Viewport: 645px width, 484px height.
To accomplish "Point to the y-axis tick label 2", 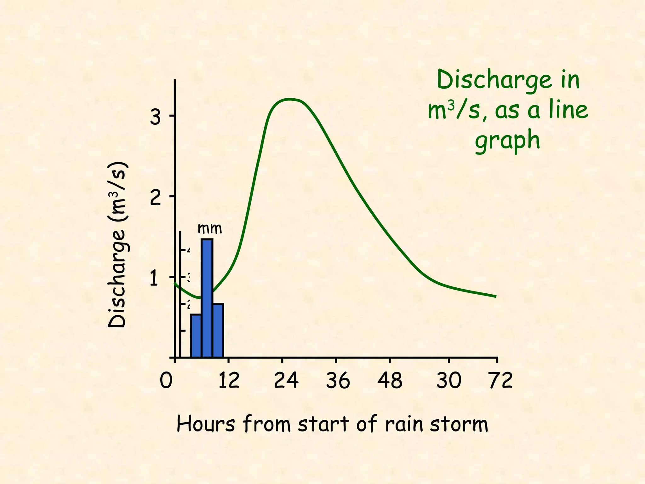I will [155, 198].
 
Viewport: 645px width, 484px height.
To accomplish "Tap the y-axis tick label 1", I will [154, 279].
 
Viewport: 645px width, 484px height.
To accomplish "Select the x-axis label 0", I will [166, 381].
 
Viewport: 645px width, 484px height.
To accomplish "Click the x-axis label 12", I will [229, 381].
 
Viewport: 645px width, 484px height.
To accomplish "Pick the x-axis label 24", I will [286, 381].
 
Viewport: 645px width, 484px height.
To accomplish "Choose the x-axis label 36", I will [338, 381].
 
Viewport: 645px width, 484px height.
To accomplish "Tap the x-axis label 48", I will [390, 381].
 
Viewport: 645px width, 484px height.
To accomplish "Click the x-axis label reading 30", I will [449, 381].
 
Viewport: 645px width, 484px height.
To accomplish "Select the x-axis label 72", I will [500, 381].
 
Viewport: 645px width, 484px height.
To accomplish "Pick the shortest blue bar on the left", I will [196, 336].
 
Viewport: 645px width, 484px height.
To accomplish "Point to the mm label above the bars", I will [210, 228].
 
